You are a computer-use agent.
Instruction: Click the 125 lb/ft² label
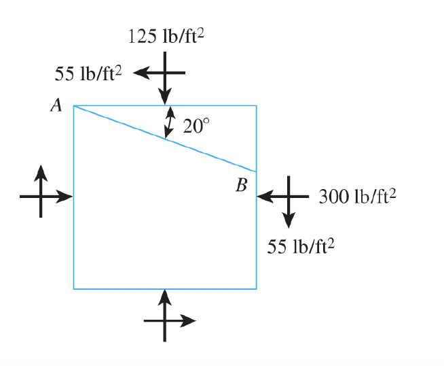pos(166,37)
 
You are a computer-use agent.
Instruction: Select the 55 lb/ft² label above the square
pos(87,72)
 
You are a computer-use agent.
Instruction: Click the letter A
pos(56,105)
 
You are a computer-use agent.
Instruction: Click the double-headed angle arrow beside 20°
pos(171,122)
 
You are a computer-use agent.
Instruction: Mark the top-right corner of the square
pos(256,106)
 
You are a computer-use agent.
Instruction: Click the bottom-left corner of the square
pos(74,288)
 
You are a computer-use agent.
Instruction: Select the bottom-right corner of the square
pos(256,288)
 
